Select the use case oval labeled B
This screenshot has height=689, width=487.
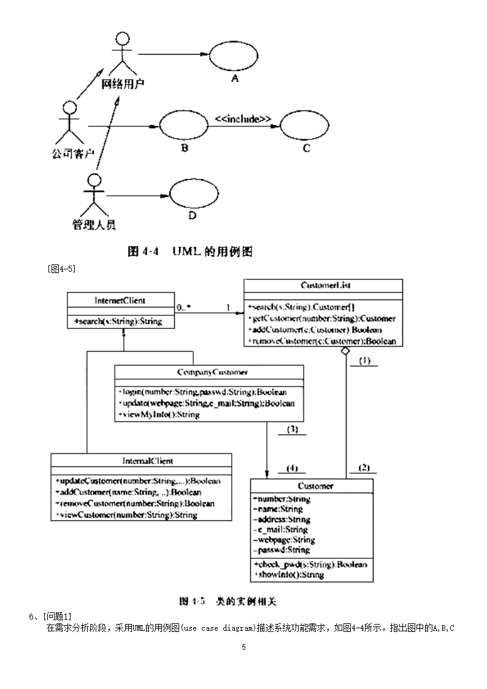click(183, 127)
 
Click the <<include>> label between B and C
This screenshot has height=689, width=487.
click(243, 118)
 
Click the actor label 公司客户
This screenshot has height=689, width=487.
click(72, 154)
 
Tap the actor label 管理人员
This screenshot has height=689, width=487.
click(94, 225)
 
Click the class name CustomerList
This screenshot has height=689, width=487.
click(326, 285)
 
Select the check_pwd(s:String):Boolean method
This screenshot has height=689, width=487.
click(310, 564)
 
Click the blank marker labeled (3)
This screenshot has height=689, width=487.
click(292, 429)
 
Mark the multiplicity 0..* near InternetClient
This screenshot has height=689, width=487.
click(183, 307)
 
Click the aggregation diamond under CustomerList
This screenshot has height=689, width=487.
click(345, 350)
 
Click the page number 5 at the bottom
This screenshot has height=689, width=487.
click(243, 647)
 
